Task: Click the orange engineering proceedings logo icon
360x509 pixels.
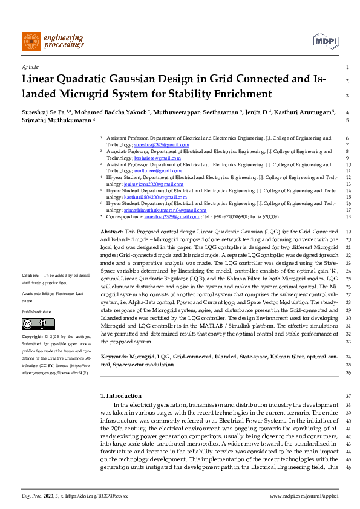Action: (x=31, y=41)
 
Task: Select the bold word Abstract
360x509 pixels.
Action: (x=111, y=232)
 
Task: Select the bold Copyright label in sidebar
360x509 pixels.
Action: (x=33, y=336)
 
